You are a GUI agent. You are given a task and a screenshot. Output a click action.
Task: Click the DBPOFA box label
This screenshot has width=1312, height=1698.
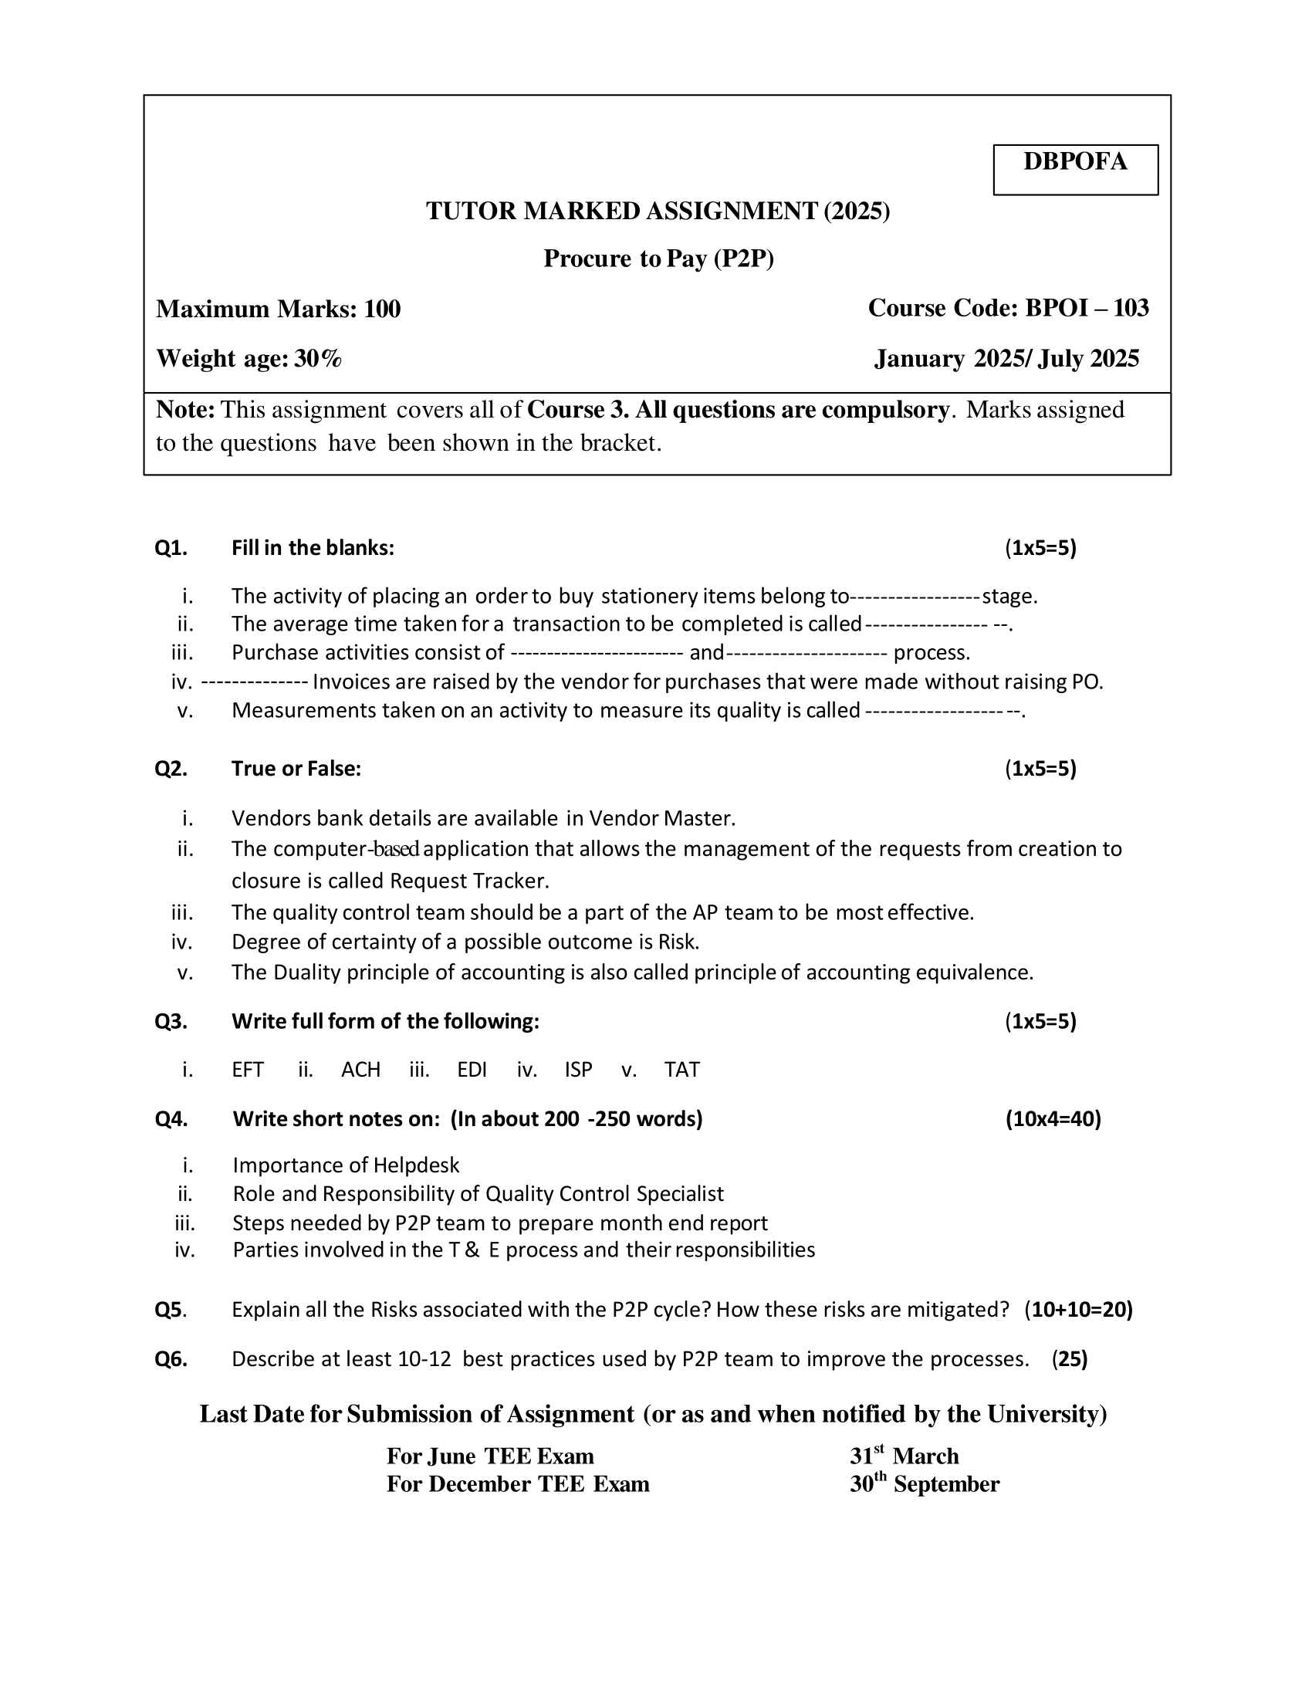point(1075,162)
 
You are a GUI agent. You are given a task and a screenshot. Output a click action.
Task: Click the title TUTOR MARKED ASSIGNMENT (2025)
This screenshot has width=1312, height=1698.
point(658,211)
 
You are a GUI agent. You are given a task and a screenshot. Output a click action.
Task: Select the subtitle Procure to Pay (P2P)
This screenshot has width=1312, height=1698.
point(658,258)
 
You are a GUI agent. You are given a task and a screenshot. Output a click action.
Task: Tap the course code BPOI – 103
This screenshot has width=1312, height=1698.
point(1087,308)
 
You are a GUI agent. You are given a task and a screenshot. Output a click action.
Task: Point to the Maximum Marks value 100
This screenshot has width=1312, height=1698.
point(382,309)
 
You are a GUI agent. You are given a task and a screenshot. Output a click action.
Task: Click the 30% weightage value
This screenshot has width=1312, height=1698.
point(318,358)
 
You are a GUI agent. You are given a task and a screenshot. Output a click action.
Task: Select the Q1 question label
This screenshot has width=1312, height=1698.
point(171,548)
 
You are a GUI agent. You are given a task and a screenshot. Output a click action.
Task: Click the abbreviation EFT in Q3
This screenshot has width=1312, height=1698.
point(248,1070)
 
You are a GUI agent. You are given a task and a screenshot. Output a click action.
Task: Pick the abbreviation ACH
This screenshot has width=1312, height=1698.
point(360,1070)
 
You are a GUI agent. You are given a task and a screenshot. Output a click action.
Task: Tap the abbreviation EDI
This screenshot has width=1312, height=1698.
point(472,1070)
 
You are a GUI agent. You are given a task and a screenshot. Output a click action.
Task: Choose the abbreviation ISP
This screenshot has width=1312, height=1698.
point(578,1070)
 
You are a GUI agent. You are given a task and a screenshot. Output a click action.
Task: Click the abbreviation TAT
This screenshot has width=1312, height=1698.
point(681,1070)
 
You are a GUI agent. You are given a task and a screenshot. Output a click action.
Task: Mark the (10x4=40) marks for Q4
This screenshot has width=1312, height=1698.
point(1053,1119)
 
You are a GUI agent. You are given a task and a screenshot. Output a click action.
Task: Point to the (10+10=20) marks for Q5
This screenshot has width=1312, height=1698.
point(1078,1310)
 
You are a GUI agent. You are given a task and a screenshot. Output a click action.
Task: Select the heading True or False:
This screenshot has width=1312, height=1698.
point(296,769)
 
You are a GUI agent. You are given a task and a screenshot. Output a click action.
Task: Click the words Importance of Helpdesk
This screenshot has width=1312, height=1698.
point(346,1165)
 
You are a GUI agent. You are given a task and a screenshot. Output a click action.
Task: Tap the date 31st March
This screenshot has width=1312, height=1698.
point(904,1456)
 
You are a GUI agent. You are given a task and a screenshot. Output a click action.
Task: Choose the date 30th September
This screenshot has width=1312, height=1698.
point(924,1484)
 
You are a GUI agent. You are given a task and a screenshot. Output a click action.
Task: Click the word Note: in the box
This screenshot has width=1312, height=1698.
point(185,410)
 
